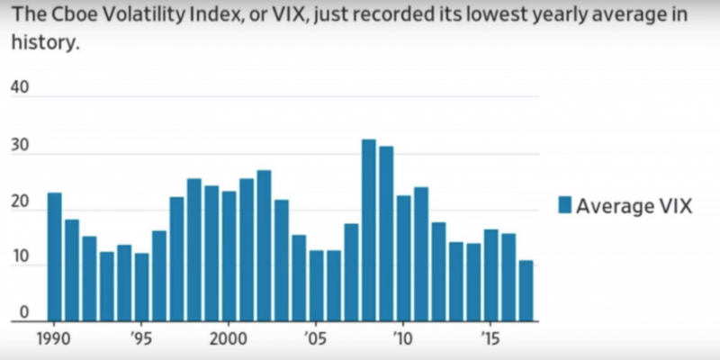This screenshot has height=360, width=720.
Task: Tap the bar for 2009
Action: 386,234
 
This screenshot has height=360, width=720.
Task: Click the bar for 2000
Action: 229,256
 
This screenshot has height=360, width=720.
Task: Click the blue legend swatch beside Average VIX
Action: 565,205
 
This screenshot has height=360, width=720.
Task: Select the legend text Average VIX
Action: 634,206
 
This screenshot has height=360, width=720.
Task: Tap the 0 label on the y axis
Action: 24,312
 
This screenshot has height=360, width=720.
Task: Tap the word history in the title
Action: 41,41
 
